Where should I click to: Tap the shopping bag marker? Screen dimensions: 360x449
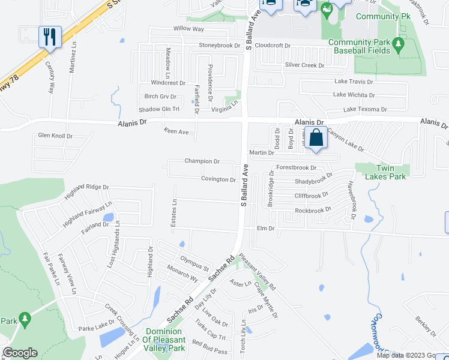316,137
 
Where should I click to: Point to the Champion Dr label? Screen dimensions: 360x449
202,161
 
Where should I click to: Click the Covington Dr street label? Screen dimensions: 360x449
218,179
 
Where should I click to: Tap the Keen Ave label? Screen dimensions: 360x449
176,131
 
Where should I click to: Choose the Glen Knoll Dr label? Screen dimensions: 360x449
55,136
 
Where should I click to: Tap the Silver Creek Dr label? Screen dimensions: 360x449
304,65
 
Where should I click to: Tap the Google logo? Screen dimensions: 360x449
20,353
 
